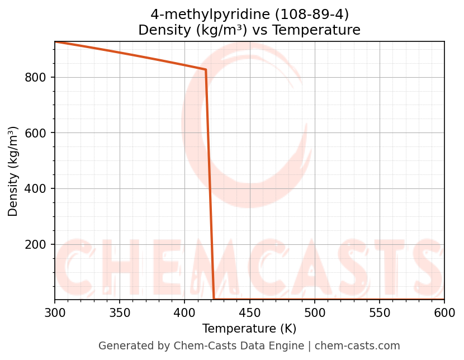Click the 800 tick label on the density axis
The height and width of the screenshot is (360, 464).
35,77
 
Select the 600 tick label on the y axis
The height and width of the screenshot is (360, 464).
35,133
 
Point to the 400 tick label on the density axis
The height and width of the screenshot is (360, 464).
35,189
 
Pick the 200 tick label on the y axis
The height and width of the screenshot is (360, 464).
35,245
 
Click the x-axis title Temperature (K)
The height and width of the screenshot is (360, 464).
249,329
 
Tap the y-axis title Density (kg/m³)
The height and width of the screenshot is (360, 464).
13,171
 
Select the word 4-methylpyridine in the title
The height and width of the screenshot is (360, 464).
197,15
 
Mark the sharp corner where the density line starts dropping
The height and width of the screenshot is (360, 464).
206,70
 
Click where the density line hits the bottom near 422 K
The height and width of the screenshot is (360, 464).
214,299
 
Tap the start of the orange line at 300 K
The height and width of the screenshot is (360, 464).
55,42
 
